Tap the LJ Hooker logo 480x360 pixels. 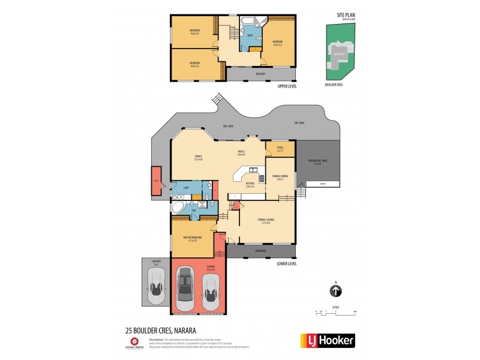[327, 340]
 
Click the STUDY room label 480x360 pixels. [280, 147]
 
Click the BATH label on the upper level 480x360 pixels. [249, 35]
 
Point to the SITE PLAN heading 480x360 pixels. [347, 15]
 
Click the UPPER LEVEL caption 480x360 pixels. [287, 86]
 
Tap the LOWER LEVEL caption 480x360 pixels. [288, 263]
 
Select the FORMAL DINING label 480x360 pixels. [280, 176]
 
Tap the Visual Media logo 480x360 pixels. [134, 343]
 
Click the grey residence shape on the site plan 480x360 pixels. [338, 55]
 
